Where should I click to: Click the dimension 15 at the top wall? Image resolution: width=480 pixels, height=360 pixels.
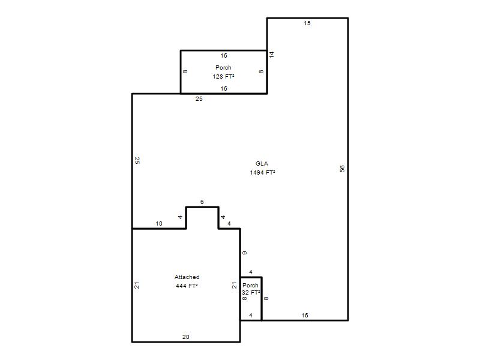point(307,23)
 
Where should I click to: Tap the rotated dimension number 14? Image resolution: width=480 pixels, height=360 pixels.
point(272,55)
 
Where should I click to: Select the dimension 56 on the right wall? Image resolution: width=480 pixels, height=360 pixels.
point(342,169)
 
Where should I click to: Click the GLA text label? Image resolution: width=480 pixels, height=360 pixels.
point(262,164)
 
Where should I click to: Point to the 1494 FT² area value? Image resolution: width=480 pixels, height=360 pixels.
point(262,173)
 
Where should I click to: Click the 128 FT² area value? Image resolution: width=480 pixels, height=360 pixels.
point(223,77)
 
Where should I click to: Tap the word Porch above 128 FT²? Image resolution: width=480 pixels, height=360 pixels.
point(223,68)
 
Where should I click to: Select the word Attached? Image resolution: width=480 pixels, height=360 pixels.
point(187,277)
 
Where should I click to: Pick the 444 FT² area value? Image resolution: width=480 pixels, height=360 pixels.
point(187,286)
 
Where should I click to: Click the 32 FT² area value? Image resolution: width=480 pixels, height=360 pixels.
point(251,293)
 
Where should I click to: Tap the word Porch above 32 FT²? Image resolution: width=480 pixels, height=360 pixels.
point(250,286)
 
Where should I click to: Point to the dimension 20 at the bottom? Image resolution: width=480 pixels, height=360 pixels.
point(186,337)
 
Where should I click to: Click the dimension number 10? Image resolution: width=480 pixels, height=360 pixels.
point(159,224)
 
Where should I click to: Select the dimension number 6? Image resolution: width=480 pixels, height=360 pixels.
point(202,202)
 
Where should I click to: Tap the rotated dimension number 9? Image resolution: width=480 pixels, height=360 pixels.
point(244,253)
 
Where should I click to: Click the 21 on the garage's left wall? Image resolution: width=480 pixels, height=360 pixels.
point(137,286)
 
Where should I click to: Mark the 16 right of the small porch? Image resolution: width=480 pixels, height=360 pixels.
point(305,316)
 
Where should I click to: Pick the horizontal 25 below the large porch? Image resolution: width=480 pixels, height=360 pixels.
point(199,99)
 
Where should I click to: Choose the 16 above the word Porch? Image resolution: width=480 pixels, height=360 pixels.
point(224,56)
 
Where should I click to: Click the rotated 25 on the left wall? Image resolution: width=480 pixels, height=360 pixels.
point(137,160)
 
